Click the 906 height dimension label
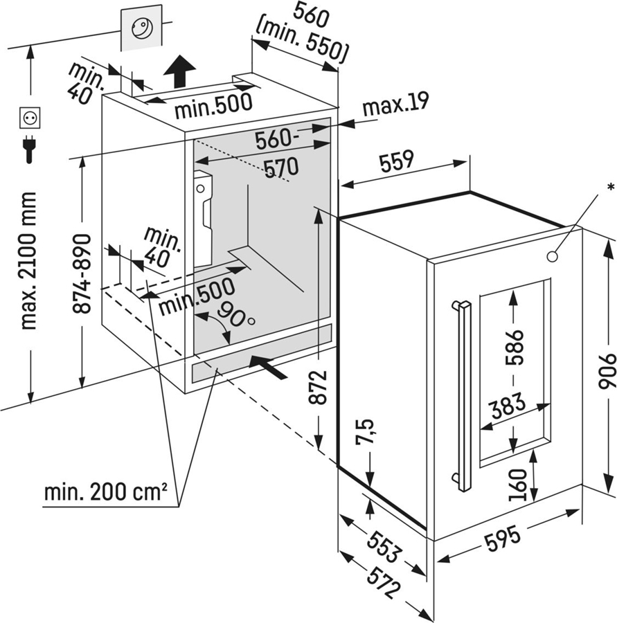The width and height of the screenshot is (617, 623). coord(607,370)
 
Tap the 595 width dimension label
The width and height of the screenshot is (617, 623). coord(503,539)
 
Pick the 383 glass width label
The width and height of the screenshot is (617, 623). coord(508,405)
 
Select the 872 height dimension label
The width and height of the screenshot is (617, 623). coord(318,386)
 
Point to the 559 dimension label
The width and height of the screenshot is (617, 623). coord(397,161)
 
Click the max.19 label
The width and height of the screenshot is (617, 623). coord(395,103)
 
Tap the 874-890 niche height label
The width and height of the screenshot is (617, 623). coord(82,273)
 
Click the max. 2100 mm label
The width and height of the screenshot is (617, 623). coord(28,261)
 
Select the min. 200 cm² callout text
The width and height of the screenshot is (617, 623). coord(106,492)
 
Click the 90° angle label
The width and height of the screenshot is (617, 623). coord(235,314)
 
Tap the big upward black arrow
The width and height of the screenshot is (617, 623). coord(179,71)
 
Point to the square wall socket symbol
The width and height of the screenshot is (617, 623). coord(30,118)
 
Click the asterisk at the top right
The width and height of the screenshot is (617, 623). coord(611,188)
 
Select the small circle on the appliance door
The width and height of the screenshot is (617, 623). coord(552,256)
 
